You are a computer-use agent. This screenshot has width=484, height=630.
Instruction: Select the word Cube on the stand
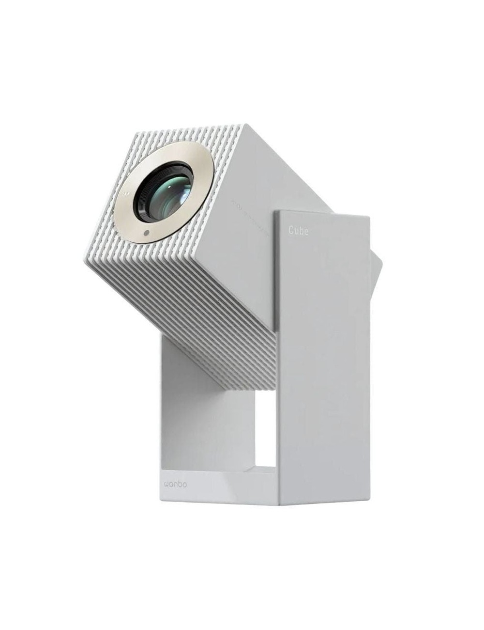pos(298,231)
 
